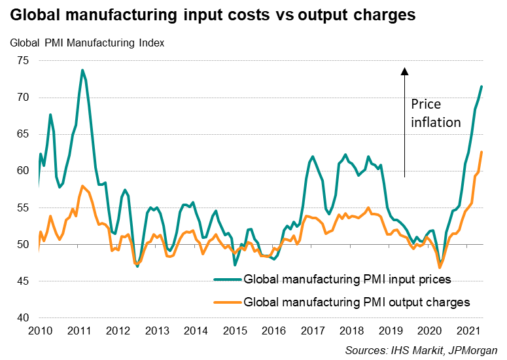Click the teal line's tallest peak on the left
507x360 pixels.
point(82,70)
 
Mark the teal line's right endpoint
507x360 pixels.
point(481,86)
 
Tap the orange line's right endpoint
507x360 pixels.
point(481,152)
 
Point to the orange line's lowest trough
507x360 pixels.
point(440,267)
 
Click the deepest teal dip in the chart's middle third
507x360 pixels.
point(235,264)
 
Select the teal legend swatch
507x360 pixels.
point(228,279)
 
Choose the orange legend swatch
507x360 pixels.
point(228,302)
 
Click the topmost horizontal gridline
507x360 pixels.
point(262,61)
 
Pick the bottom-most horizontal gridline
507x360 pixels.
point(262,317)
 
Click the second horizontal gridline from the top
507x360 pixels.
point(262,98)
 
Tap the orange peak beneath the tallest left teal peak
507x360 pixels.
point(82,186)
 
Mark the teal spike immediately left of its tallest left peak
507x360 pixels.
point(50,115)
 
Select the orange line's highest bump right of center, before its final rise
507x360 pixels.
point(368,207)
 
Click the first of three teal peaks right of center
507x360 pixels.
point(313,156)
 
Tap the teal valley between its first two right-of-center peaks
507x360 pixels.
point(328,214)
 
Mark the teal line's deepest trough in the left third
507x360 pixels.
point(137,266)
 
